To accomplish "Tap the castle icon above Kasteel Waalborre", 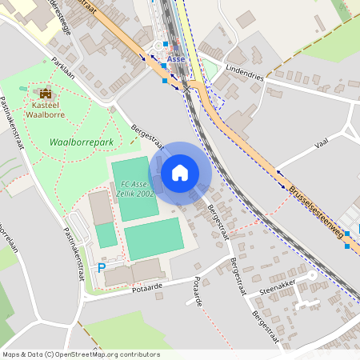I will [x=43, y=93].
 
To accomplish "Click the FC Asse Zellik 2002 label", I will [x=134, y=189].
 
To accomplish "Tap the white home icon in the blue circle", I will [x=180, y=173].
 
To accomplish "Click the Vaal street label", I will [x=322, y=143].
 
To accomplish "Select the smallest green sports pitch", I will [x=106, y=235].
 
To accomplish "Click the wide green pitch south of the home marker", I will [x=154, y=238].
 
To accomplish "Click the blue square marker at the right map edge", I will [x=346, y=246].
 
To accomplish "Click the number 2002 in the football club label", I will [x=146, y=194].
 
